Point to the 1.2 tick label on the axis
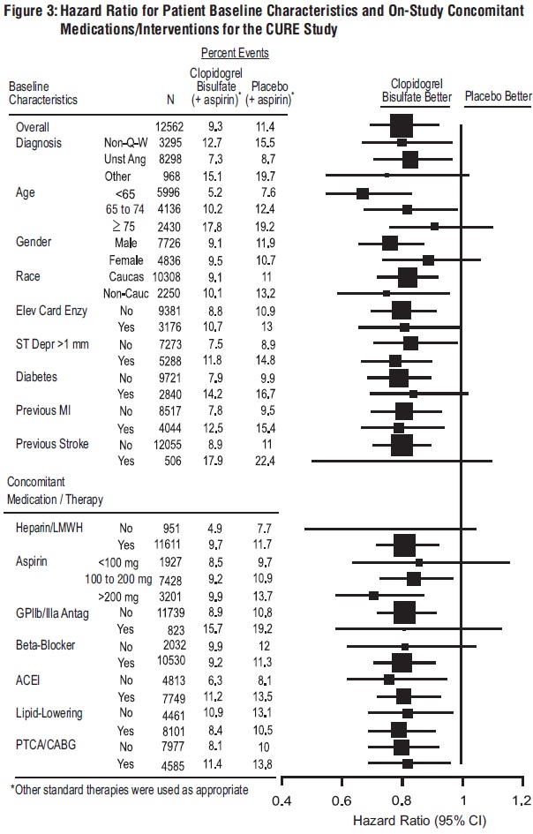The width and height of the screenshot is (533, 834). coord(521,801)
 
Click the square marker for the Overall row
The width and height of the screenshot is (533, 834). coord(402,126)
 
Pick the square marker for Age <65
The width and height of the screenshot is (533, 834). coord(362,193)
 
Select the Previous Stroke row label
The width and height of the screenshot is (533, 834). coord(52,444)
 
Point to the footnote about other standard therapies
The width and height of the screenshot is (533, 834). coord(128,788)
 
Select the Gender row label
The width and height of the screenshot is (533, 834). coord(35,243)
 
